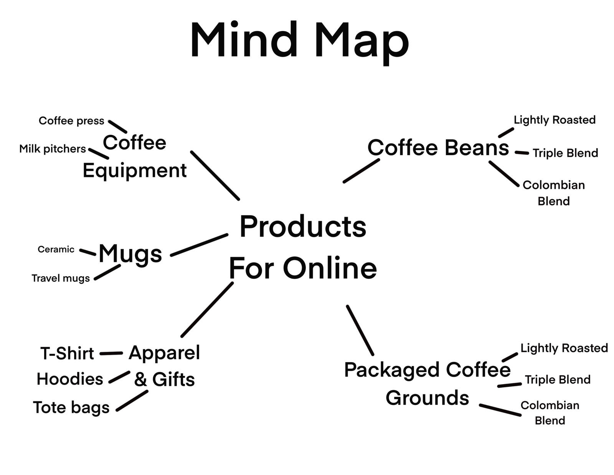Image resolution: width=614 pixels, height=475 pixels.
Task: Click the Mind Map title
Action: (299, 40)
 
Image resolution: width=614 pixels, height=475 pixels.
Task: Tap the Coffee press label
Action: (71, 121)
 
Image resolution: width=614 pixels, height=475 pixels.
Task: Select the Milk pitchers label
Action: (53, 149)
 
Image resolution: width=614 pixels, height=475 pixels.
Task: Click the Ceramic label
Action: (56, 249)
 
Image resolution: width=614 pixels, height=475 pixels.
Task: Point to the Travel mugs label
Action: (61, 278)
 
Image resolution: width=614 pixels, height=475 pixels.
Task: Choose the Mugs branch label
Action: (130, 254)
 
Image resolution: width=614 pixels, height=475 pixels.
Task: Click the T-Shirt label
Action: (67, 353)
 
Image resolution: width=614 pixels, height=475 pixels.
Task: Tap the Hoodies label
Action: (70, 379)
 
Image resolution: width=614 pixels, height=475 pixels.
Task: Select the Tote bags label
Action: (71, 407)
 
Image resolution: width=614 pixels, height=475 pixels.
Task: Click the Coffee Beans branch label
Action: (438, 147)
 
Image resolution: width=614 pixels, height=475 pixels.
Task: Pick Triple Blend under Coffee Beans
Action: (565, 153)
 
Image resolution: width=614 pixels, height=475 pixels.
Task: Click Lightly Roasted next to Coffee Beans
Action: (555, 120)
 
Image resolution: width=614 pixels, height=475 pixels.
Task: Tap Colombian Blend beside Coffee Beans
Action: (553, 193)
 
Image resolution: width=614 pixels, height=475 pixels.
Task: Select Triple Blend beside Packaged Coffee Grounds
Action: (558, 379)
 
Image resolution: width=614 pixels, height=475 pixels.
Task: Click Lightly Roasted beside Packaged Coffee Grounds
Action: (564, 348)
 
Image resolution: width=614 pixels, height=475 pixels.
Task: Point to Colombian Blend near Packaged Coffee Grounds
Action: (550, 413)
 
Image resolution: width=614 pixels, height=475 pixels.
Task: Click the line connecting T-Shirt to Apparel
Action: (111, 353)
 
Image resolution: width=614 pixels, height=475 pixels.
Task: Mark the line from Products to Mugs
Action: (199, 245)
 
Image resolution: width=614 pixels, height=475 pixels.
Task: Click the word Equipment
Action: (134, 170)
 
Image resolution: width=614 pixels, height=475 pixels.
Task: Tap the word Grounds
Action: (427, 397)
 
